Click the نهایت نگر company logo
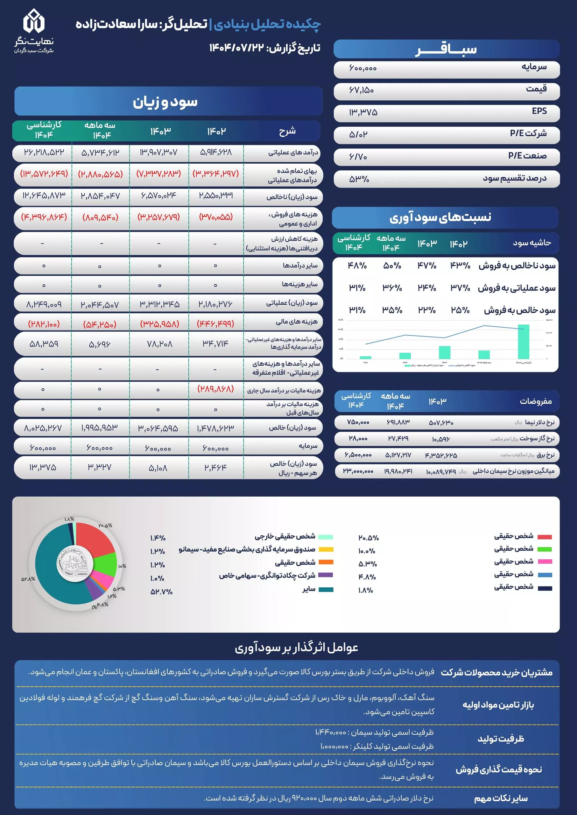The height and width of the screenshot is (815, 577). point(34,31)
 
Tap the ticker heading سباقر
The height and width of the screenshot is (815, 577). point(446,49)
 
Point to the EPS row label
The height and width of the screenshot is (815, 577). point(539,111)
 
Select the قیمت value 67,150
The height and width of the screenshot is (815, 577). point(361,90)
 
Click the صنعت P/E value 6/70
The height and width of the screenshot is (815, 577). point(358,156)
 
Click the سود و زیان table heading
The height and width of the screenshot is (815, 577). point(165,102)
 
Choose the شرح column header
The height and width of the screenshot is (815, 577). point(287,131)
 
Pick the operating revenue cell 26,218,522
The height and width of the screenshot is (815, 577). point(44,152)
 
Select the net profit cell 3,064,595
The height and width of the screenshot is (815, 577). point(158,428)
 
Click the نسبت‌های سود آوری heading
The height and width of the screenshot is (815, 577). point(440,217)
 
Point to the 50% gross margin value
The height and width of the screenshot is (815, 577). point(392,266)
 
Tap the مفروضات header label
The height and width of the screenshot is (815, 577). point(536,401)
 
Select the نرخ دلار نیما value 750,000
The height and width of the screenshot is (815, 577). point(358,422)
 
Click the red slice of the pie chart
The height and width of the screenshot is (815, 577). point(93,541)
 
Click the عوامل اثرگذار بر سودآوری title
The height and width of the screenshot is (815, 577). point(296,648)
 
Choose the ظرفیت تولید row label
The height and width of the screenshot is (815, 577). point(501,739)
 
